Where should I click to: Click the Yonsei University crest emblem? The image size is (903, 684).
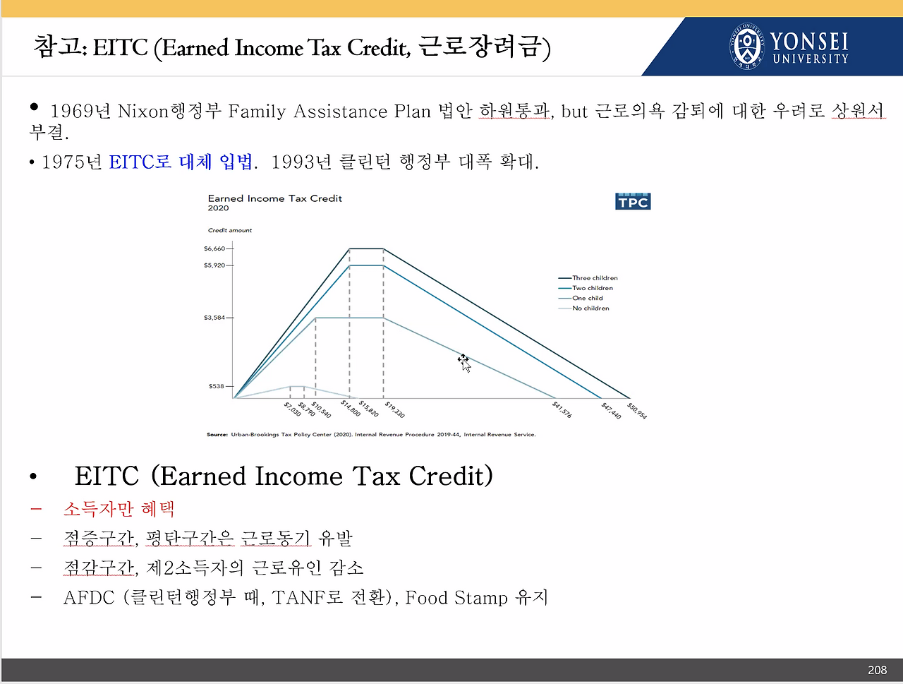coord(747,46)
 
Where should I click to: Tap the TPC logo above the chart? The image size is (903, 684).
coord(633,202)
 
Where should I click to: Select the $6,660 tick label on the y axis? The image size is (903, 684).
coord(214,248)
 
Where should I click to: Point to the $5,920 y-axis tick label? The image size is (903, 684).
coord(214,265)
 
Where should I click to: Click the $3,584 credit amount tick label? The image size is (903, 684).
coord(214,318)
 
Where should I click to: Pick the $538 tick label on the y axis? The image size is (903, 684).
coord(217,386)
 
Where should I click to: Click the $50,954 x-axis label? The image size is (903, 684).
coord(637,411)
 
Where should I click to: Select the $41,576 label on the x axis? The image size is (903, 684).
coord(562,410)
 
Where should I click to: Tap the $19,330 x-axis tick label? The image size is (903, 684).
coord(395,410)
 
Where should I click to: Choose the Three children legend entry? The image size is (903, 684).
coord(588,278)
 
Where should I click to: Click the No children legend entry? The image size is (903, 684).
coord(584,308)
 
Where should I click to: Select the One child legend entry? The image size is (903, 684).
coord(581,299)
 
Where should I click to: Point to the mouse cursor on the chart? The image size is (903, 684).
coord(464,363)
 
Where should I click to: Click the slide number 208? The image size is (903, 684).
coord(877,671)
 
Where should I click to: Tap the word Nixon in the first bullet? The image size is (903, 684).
coord(143,112)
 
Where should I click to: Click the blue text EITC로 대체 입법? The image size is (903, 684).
coord(181,162)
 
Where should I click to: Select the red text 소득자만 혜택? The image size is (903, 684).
coord(119,509)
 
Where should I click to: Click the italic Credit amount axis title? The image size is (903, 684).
coord(229,230)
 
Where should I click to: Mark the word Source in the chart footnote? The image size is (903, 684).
coord(217,435)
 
